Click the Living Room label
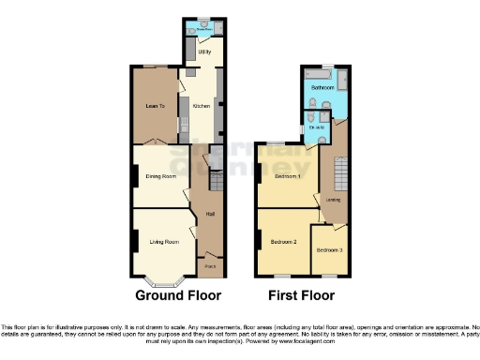tap(164, 242)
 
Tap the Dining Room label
tap(161, 175)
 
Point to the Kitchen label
tap(201, 106)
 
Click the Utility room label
tap(203, 52)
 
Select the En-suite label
tap(318, 127)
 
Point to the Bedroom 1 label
tap(287, 176)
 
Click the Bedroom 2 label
tap(284, 242)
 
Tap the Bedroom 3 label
tap(329, 250)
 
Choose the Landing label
tap(332, 200)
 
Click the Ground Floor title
tap(178, 294)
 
